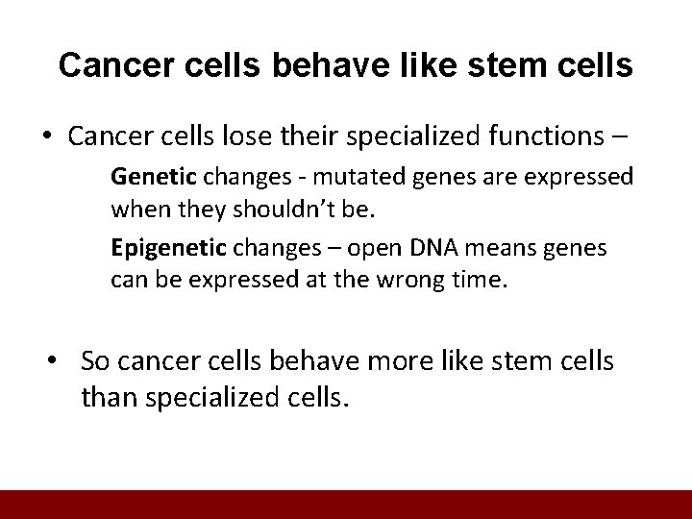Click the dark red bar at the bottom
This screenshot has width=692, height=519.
346,505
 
